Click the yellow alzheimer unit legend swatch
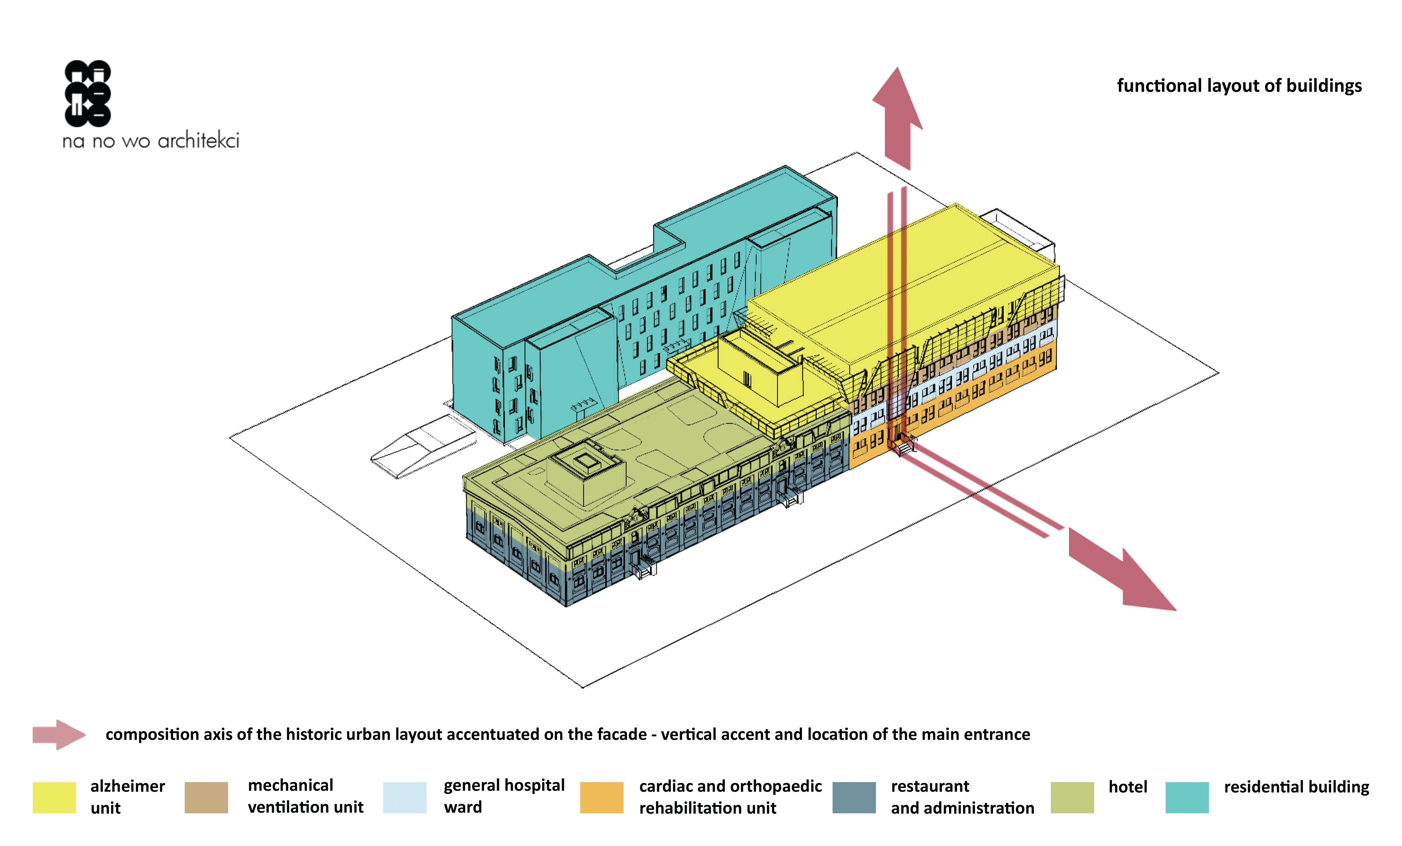[54, 797]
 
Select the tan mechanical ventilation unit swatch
[206, 797]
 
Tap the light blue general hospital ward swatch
[405, 797]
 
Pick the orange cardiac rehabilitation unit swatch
[601, 797]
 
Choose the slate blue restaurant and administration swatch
[853, 797]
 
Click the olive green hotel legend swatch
[1072, 797]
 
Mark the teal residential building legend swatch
[1187, 797]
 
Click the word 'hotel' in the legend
[1128, 787]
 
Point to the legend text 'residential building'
[1296, 787]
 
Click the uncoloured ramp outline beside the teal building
[423, 447]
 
